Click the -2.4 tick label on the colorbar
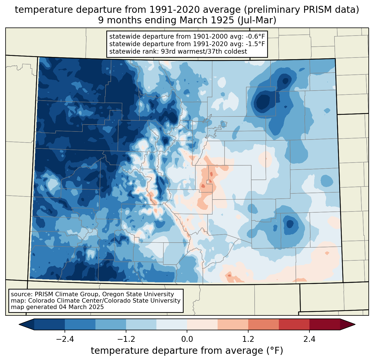(65, 339)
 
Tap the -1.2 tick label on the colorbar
(126, 339)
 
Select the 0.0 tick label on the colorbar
(187, 339)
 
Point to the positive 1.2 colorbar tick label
(248, 339)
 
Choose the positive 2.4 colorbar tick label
(309, 339)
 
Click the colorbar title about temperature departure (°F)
(187, 351)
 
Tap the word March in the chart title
(191, 20)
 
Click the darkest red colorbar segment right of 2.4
(324, 324)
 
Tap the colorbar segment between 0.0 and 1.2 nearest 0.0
(202, 324)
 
